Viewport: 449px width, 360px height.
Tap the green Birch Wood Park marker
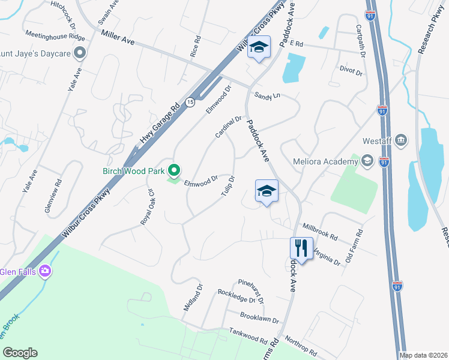point(174,171)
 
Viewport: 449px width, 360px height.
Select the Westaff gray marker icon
point(402,141)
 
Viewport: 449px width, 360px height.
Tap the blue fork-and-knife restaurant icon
point(301,247)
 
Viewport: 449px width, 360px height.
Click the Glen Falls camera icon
point(44,271)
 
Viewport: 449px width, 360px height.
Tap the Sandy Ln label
point(267,95)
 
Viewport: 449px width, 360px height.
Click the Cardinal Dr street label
point(228,127)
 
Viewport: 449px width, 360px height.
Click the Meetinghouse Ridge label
point(55,36)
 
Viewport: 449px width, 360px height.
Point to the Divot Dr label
point(351,72)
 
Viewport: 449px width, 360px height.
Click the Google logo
point(20,353)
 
